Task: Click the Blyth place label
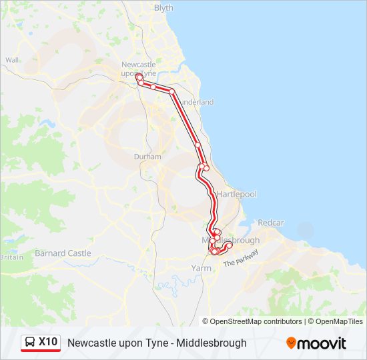(x=163, y=8)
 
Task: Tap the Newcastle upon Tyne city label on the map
(x=138, y=68)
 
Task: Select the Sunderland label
(x=196, y=102)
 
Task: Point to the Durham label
(x=147, y=157)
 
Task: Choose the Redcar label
(x=271, y=222)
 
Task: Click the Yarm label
(x=201, y=268)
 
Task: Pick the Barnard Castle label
(x=63, y=253)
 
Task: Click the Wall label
(x=11, y=60)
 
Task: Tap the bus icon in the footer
(x=30, y=343)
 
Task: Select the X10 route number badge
(x=48, y=342)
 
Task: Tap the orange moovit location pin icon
(x=292, y=343)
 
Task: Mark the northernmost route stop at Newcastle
(x=139, y=77)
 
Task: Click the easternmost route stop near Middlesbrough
(x=230, y=245)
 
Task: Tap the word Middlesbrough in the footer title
(x=212, y=343)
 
